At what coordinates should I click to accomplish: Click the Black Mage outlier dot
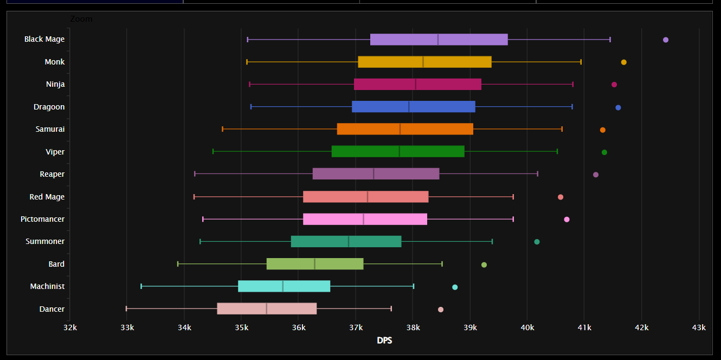coord(666,40)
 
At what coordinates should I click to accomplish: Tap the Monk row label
coord(55,62)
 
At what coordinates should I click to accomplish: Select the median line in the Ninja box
coord(416,84)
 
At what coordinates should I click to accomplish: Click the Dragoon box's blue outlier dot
coord(618,107)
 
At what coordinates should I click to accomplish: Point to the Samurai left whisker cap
coord(222,129)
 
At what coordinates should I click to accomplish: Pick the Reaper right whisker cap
coord(537,173)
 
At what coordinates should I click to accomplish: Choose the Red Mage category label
coord(47,197)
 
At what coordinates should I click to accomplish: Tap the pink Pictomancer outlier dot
coord(566,220)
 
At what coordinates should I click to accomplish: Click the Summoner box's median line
coord(349,241)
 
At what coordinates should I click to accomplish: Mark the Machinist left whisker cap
coord(141,286)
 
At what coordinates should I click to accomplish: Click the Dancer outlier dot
coord(441,310)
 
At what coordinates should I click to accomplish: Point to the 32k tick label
coord(70,327)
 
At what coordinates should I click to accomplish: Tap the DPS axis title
coord(384,340)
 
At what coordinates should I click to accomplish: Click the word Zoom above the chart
coord(81,19)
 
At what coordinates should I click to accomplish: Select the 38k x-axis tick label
coord(413,327)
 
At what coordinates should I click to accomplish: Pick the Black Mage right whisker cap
coord(610,39)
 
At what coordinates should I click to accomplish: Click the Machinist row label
coord(47,286)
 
